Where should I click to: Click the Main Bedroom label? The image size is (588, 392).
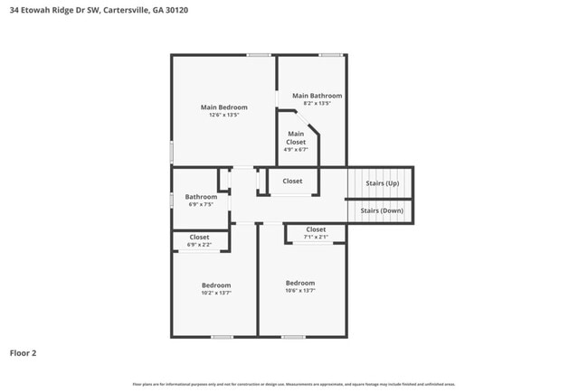(x=223, y=107)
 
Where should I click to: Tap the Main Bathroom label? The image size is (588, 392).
(x=317, y=95)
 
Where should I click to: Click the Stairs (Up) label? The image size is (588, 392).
(x=382, y=183)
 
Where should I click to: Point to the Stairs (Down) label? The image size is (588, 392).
(x=382, y=210)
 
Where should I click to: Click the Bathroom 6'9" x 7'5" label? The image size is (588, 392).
(x=201, y=197)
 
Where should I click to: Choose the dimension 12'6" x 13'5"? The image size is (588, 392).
(x=223, y=115)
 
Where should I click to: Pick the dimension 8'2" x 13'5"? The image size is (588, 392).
(x=317, y=103)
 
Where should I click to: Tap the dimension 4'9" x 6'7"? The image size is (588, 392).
(x=296, y=150)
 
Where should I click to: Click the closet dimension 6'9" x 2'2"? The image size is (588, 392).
(x=199, y=245)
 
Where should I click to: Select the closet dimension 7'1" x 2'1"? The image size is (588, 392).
(x=316, y=237)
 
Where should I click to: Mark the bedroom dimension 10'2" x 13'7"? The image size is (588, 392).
(x=215, y=293)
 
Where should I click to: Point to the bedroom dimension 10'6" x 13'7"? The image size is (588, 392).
(x=300, y=291)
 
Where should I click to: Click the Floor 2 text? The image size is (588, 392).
(x=23, y=353)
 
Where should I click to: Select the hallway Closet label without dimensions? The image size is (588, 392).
(x=292, y=181)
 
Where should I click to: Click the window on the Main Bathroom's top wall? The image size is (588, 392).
(x=330, y=55)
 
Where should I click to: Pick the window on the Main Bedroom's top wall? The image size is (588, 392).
(x=260, y=55)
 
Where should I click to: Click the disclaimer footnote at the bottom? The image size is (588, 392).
(x=293, y=384)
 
